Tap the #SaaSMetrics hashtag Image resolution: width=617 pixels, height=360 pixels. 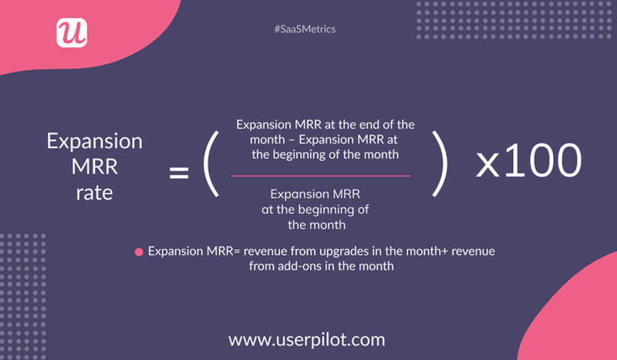tap(305, 29)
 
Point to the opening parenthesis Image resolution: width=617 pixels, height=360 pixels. tap(213, 163)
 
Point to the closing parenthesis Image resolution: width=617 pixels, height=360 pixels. tap(441, 163)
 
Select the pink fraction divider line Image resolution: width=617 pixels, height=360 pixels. tap(321, 175)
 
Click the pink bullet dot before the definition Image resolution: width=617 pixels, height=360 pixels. tap(139, 252)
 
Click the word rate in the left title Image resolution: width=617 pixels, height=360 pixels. tap(94, 192)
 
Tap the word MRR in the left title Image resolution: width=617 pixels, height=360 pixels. tap(94, 167)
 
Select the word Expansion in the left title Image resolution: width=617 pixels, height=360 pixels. tap(94, 143)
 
